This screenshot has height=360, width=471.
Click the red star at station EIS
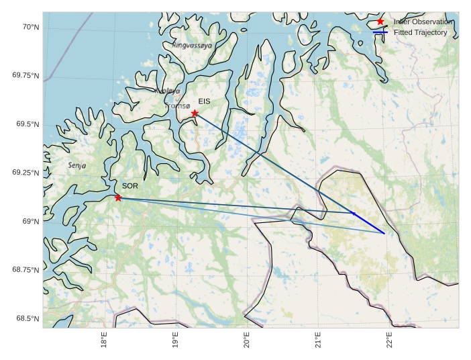[x=195, y=113]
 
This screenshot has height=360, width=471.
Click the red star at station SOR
[x=118, y=197]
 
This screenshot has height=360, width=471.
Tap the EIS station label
[x=205, y=101]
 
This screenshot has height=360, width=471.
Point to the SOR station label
[x=129, y=185]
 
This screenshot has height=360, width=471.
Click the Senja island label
[x=77, y=165]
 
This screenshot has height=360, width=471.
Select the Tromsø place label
[x=178, y=105]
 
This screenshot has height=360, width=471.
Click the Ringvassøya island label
[x=192, y=46]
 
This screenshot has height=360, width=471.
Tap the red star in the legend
[x=380, y=21]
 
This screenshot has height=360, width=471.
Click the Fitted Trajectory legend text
[x=420, y=32]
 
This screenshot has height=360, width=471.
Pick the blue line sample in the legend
[x=380, y=32]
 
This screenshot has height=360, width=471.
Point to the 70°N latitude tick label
[x=31, y=27]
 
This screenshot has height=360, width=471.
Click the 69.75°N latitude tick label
[x=25, y=75]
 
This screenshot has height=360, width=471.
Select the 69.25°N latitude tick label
[x=25, y=173]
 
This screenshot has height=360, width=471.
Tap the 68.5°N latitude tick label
[x=28, y=318]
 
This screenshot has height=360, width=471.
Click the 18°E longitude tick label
[x=104, y=340]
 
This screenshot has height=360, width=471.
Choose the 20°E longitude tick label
[x=246, y=340]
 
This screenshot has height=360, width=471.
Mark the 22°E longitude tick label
[x=388, y=340]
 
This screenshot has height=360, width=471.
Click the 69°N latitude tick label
[x=31, y=221]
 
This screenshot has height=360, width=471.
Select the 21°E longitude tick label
[x=317, y=340]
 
